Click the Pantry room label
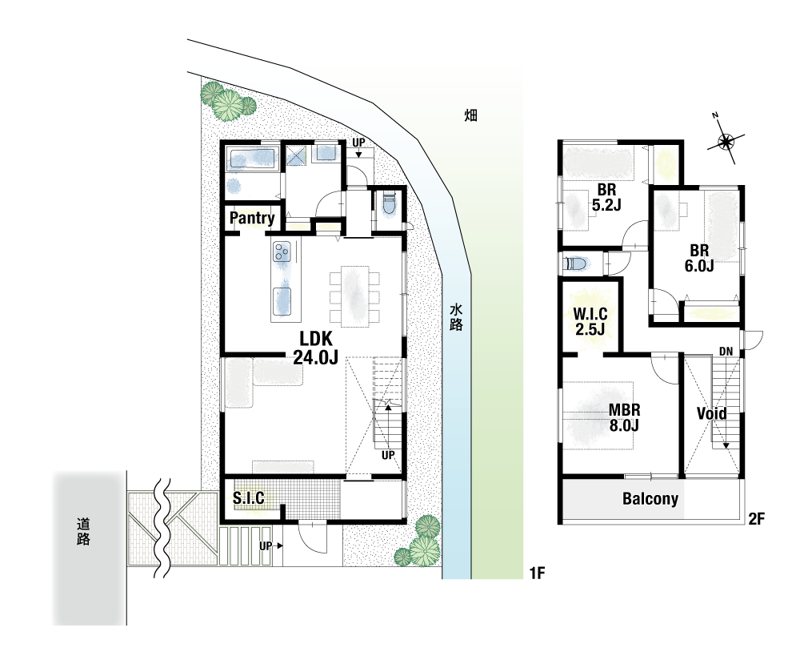click(252, 218)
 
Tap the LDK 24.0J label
click(316, 348)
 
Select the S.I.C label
click(249, 497)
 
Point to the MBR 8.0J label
click(625, 417)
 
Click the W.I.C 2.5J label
click(590, 321)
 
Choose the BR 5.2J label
click(606, 198)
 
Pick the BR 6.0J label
click(699, 258)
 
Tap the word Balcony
click(650, 498)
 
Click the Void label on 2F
click(712, 413)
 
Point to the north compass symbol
click(725, 140)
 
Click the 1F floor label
click(538, 573)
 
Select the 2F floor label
click(757, 519)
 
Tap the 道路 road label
click(83, 532)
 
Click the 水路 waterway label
click(456, 317)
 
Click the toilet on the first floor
click(389, 203)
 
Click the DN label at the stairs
click(726, 352)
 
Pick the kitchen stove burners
click(282, 252)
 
